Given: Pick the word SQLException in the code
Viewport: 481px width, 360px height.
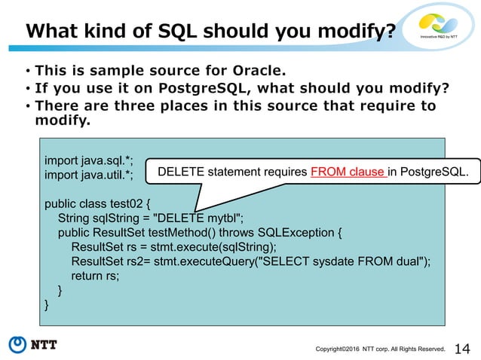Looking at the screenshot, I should tap(302, 232).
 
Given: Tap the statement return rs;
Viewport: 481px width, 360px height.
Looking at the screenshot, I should tap(95, 276).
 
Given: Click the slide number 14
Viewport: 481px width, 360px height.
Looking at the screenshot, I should tap(462, 347).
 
